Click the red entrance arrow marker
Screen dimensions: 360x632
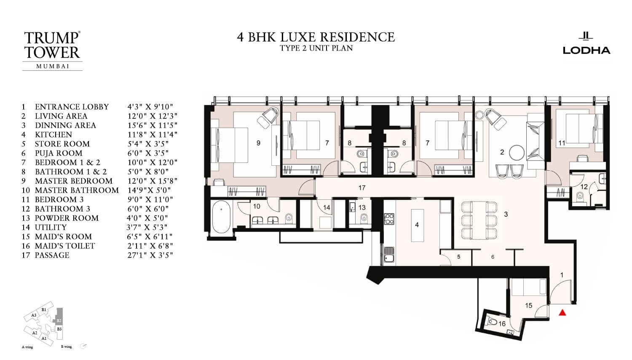pos(562,313)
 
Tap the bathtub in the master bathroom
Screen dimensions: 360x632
pos(221,215)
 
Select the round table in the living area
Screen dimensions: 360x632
pos(516,152)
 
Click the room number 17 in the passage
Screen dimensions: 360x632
pos(362,188)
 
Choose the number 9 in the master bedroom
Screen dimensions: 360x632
pos(258,143)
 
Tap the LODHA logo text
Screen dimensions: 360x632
pos(586,50)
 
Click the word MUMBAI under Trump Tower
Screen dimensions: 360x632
pos(53,66)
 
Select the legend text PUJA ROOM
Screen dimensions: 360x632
pos(59,153)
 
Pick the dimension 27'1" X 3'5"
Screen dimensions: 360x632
pos(150,255)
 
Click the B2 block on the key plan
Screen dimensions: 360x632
pos(59,320)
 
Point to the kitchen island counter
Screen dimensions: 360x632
pos(417,225)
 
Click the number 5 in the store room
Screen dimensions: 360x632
pos(458,257)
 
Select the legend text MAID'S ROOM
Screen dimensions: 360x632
pos(63,236)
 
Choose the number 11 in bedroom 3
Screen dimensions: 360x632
pos(561,143)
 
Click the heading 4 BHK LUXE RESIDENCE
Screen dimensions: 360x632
pos(316,37)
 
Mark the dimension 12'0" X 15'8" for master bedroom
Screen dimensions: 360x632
pos(153,181)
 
